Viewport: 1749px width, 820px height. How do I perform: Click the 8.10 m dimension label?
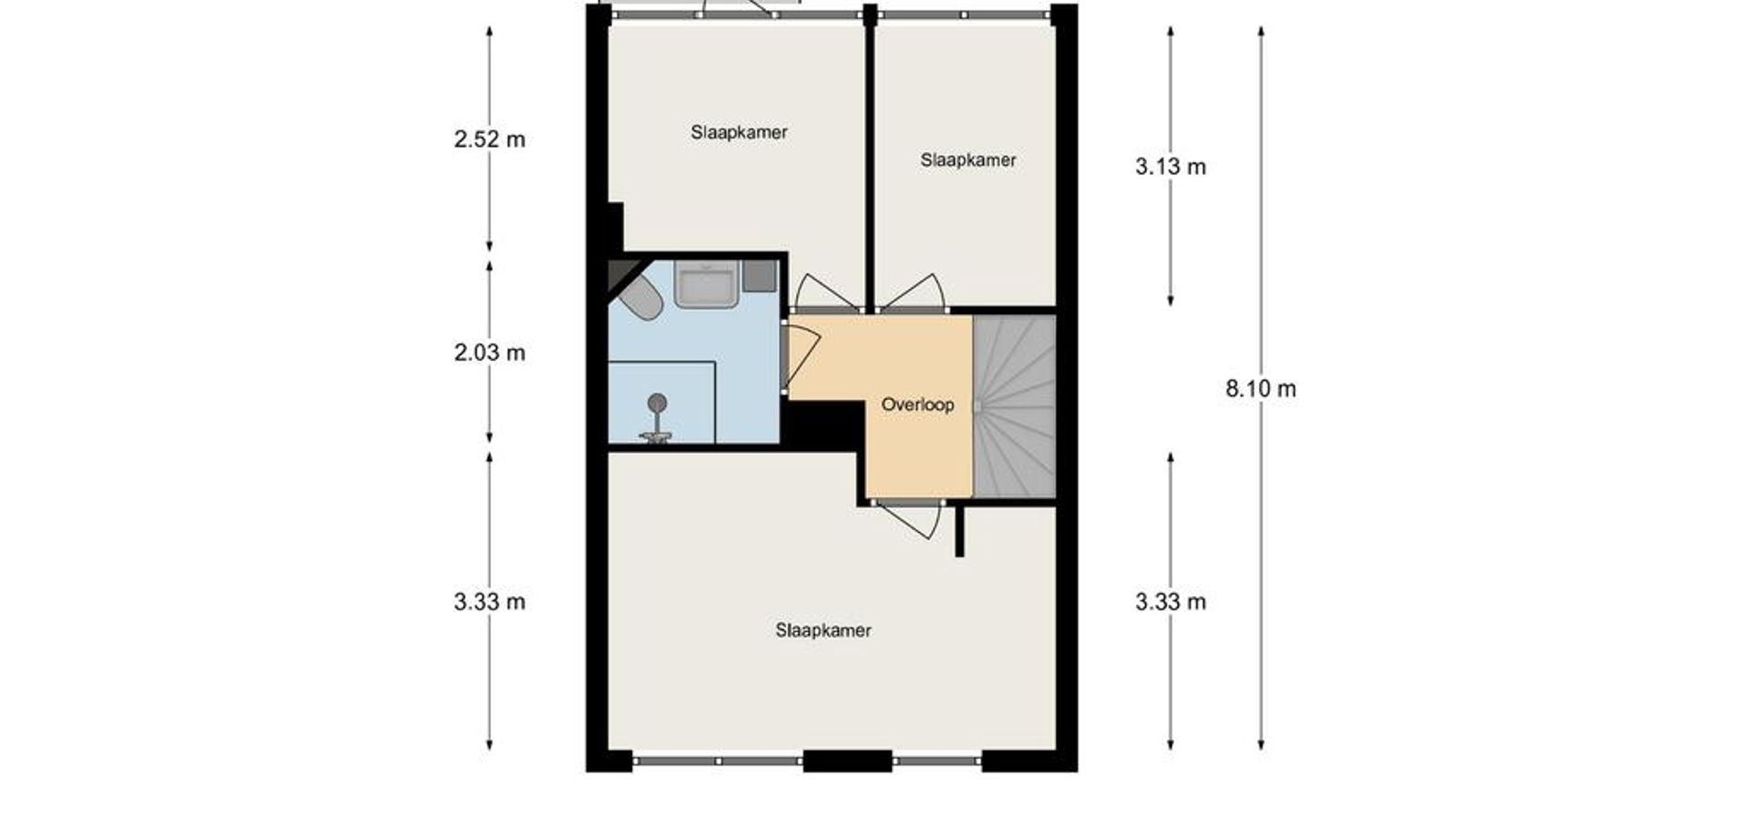[x=1261, y=389]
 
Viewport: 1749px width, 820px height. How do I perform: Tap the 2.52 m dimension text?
[x=490, y=139]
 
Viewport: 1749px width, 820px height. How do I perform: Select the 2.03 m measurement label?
[x=490, y=353]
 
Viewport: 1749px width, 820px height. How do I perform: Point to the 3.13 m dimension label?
[x=1171, y=167]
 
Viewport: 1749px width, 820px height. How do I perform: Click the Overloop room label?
[x=917, y=405]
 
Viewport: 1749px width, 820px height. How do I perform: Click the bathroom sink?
[x=705, y=284]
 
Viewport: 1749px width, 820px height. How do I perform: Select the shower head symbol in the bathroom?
[x=657, y=419]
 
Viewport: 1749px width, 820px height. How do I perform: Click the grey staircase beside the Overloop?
[x=1015, y=406]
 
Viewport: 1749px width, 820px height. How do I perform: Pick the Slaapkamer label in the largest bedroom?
[x=823, y=630]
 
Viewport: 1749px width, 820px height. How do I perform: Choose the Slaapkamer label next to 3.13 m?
[x=967, y=160]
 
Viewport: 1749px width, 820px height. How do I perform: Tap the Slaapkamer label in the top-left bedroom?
[x=739, y=132]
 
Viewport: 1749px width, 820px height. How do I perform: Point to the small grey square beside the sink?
[x=760, y=276]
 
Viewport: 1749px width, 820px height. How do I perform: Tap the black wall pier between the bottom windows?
[x=847, y=761]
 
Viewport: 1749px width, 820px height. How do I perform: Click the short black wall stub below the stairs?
[x=959, y=529]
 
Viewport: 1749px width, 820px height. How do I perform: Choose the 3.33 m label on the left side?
[x=490, y=602]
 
